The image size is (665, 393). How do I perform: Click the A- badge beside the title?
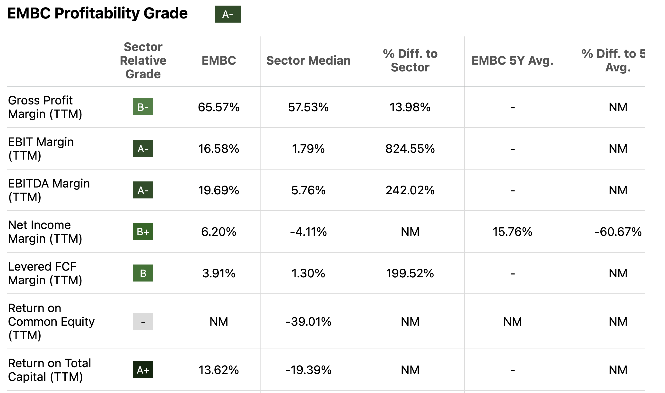227,14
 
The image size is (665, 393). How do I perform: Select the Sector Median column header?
308,61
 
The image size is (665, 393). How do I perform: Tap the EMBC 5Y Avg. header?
512,61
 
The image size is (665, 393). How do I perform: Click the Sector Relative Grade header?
143,61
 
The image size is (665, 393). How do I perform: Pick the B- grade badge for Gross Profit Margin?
143,107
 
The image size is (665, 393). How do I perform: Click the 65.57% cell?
219,107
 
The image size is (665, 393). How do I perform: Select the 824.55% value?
410,149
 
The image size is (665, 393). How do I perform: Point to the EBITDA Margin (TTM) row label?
49,190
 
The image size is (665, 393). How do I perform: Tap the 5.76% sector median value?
308,190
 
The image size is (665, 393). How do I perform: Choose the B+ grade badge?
143,232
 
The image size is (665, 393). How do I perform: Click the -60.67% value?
618,232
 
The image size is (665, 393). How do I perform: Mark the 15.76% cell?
512,232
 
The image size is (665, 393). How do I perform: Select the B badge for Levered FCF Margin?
143,273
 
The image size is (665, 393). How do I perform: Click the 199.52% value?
410,273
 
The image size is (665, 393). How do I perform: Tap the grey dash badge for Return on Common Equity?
143,322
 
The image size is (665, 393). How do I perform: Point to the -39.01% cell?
308,322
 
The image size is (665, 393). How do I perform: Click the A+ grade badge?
143,370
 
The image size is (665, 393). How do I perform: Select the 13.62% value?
219,370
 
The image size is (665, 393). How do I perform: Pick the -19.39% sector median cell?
308,370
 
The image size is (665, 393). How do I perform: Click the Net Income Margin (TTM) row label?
45,232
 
